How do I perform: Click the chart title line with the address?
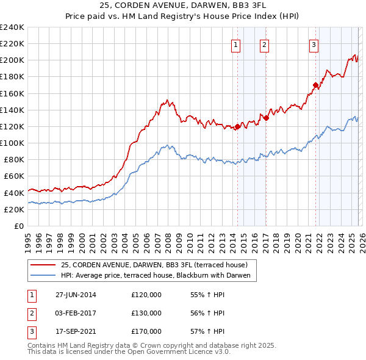click(182, 5)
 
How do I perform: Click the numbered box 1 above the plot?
click(235, 44)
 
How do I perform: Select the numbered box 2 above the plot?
click(264, 44)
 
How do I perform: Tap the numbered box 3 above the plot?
click(314, 44)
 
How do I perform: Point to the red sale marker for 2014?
click(237, 127)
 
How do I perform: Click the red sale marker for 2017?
click(266, 118)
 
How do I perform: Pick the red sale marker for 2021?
click(315, 85)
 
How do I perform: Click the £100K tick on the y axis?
click(12, 143)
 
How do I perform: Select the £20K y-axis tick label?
click(14, 209)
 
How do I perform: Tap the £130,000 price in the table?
click(146, 313)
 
